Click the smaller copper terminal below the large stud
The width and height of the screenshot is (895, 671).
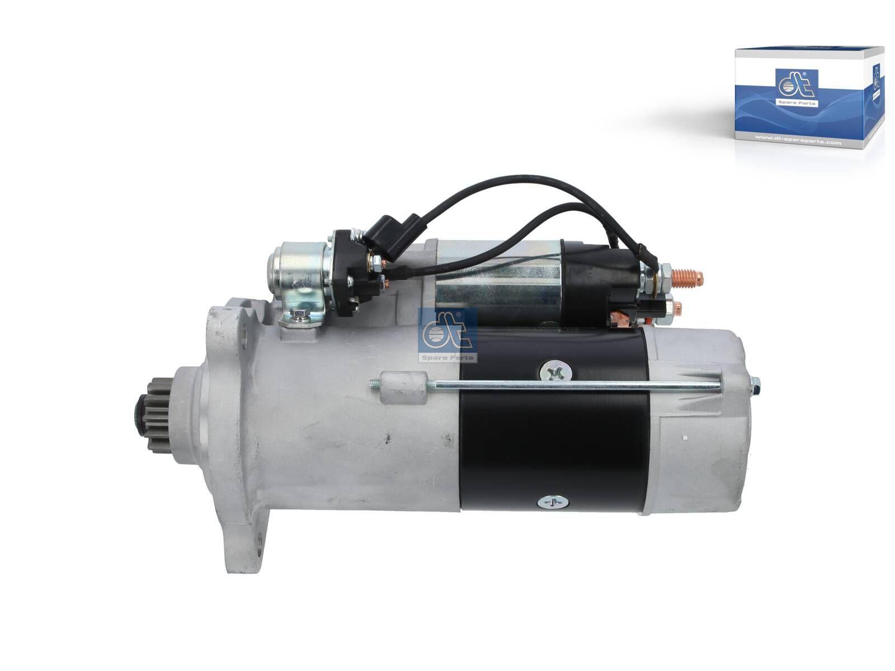[x=676, y=306]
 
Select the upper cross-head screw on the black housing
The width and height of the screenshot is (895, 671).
[x=552, y=371]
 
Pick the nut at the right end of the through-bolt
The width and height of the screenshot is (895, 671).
[x=753, y=384]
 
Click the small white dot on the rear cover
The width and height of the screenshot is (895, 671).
[x=686, y=438]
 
